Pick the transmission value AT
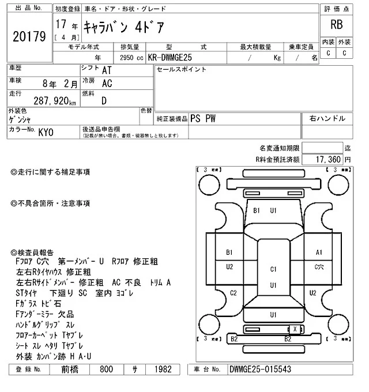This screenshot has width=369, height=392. click(107, 70)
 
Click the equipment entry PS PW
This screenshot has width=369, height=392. click(203, 118)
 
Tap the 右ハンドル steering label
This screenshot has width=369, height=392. click(327, 118)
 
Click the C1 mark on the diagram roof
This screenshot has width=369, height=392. click(274, 269)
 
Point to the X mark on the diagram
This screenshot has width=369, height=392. click(296, 329)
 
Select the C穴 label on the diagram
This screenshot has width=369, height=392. click(319, 267)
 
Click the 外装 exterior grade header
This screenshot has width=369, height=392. click(344, 42)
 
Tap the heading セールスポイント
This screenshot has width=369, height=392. click(182, 69)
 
